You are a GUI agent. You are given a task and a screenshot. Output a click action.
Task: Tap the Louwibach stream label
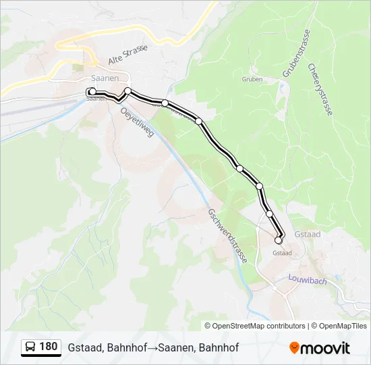[x=307, y=278]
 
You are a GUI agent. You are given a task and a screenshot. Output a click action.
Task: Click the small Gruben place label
[x=252, y=78]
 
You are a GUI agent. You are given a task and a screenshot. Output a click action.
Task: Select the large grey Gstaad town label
[x=308, y=234]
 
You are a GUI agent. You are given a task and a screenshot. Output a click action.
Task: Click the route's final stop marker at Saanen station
[x=92, y=92]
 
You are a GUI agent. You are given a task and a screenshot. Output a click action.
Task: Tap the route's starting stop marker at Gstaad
[x=278, y=240]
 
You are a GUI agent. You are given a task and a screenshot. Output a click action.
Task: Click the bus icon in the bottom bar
[x=30, y=347]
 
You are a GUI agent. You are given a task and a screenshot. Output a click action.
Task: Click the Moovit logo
[x=320, y=348]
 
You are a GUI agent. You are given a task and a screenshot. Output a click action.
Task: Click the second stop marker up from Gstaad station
[x=259, y=186]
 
